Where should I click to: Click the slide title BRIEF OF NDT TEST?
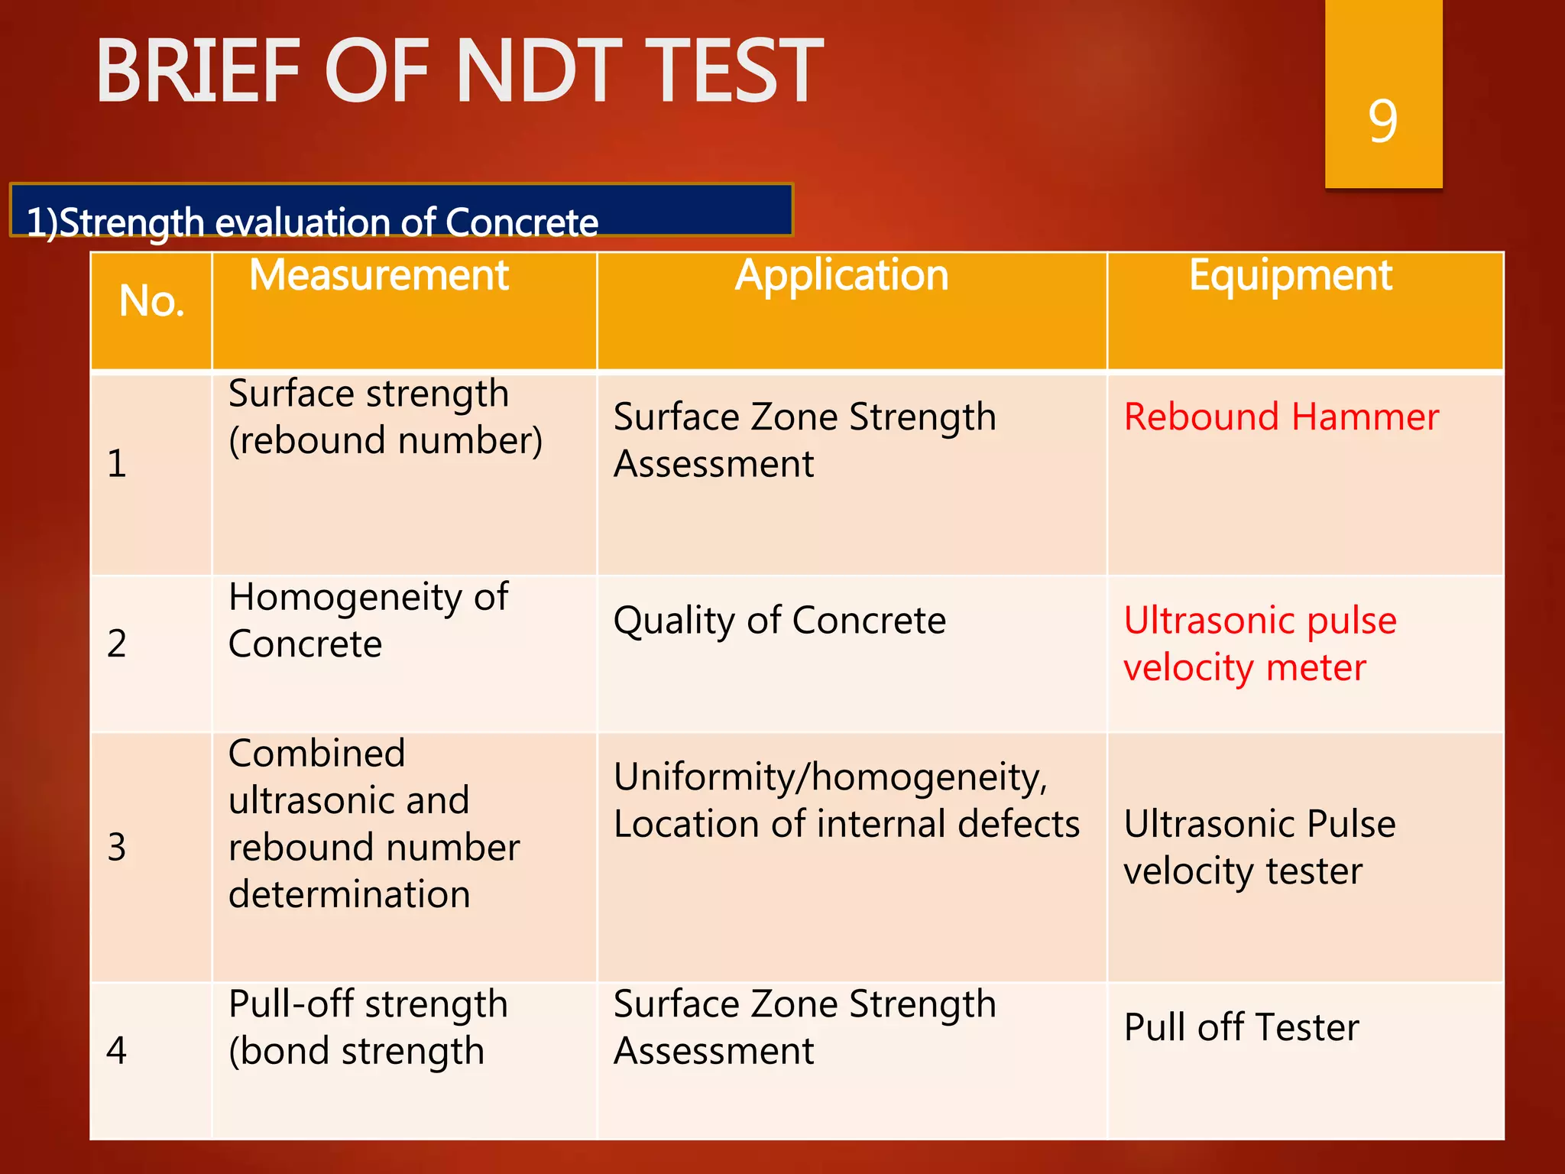coord(458,71)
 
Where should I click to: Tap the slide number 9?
coord(1382,121)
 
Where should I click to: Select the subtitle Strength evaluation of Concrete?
coord(312,222)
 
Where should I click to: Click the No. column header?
coord(151,300)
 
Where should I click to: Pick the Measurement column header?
coord(378,275)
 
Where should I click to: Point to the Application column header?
coord(841,275)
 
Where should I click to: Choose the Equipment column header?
coord(1290,275)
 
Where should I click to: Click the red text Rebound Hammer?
coord(1281,417)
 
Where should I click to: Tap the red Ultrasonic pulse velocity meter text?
coord(1259,644)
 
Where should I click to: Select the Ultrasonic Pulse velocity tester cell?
coord(1259,847)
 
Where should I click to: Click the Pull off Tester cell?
coord(1241,1026)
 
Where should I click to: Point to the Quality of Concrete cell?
coord(779,620)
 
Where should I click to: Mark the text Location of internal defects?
coord(846,824)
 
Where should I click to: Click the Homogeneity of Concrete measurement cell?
coord(368,620)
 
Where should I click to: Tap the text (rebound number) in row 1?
coord(386,440)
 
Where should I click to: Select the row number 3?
coord(117,847)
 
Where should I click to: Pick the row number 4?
coord(117,1050)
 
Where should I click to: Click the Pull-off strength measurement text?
coord(368,1004)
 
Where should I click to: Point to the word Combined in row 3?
coord(316,754)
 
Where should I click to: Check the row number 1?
coord(117,463)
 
